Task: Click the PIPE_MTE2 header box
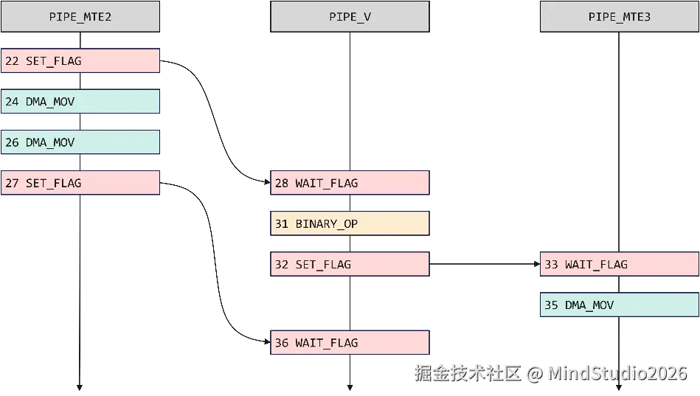pos(80,16)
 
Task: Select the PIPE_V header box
pos(350,16)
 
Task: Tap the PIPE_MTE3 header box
pos(620,16)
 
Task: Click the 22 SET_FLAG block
pos(80,61)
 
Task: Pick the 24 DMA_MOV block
pos(80,102)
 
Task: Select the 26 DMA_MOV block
pos(80,142)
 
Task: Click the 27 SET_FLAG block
pos(80,183)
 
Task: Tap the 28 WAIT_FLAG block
pos(350,183)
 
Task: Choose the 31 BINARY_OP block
pos(350,223)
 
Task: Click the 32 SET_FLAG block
pos(350,264)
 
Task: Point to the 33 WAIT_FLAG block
pos(620,264)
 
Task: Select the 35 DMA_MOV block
pos(620,305)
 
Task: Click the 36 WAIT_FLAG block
pos(350,342)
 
